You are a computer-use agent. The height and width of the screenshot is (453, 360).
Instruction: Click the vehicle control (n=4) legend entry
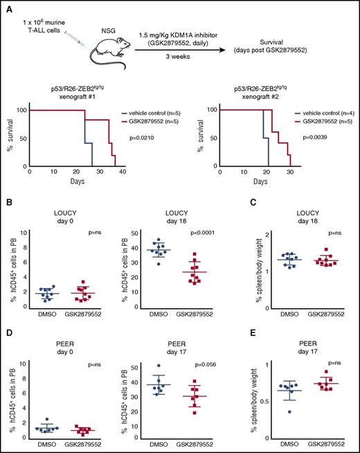click(314, 112)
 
